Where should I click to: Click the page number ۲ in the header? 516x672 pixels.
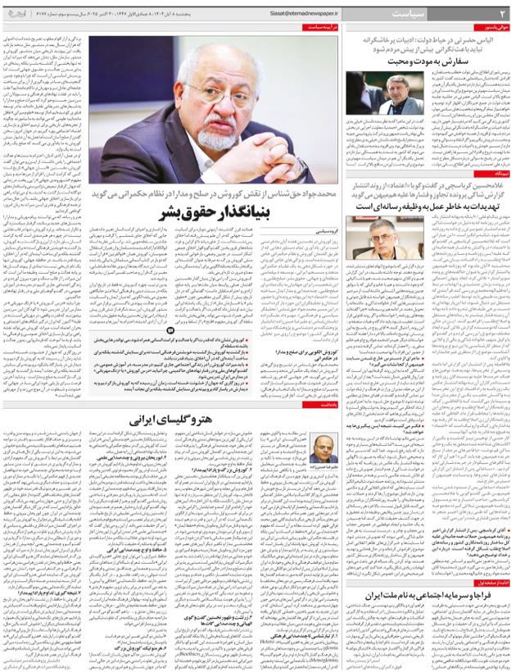click(x=503, y=14)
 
